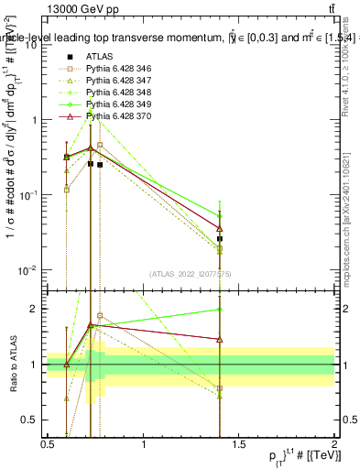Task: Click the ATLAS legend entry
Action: pos(98,56)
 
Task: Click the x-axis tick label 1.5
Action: pos(238,444)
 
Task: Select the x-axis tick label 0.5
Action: pos(48,444)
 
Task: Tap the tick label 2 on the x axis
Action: pos(333,444)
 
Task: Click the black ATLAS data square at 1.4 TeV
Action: pos(220,238)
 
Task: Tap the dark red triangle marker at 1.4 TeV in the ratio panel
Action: pos(220,339)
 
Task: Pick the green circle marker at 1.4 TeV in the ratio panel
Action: pos(220,310)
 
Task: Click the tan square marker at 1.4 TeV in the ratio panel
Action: pos(220,387)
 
